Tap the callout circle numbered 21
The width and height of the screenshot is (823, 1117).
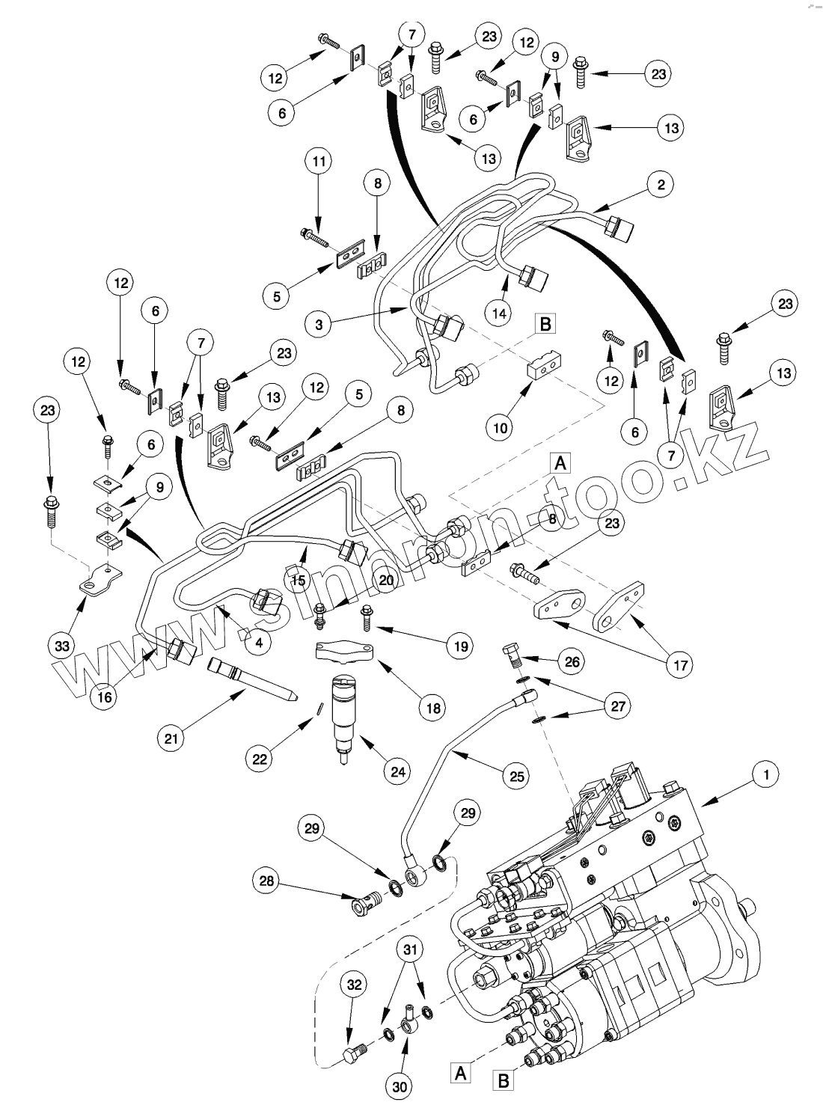pyautogui.click(x=172, y=738)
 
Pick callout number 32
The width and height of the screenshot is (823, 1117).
pyautogui.click(x=355, y=985)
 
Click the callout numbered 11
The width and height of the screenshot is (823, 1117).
pyautogui.click(x=319, y=162)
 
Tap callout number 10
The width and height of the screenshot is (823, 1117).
pyautogui.click(x=500, y=427)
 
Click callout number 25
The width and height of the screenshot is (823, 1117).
pyautogui.click(x=517, y=776)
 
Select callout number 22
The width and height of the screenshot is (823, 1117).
pyautogui.click(x=260, y=759)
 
